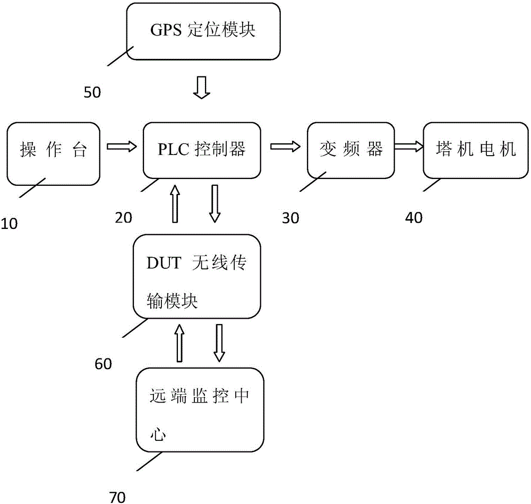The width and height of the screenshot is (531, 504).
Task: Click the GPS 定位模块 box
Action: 203,31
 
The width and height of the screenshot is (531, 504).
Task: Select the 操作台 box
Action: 54,150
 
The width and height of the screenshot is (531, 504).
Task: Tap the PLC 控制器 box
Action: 202,150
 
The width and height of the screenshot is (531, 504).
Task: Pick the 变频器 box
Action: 352,150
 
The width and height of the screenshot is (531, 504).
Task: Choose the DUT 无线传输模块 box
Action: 196,277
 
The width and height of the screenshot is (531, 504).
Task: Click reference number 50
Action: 92,92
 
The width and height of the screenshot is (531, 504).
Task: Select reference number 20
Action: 124,217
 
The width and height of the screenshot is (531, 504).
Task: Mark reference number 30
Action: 290,217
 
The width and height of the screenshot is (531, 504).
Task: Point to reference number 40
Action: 414,217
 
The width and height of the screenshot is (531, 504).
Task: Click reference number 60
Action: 103,365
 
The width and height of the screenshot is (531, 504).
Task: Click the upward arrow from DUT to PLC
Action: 174,203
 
